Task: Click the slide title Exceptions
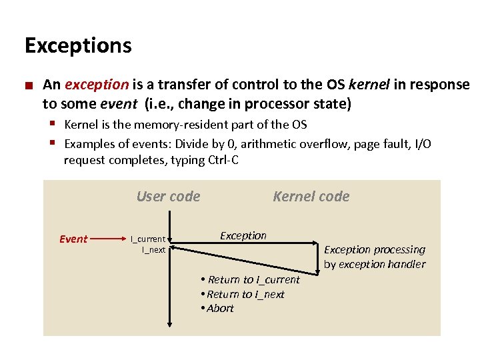coord(78,46)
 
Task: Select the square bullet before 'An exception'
coord(29,85)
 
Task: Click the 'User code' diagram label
coord(168,196)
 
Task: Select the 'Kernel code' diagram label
coord(311,196)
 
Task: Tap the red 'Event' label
coord(73,239)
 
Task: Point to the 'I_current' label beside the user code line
coord(148,239)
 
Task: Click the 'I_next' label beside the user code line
coord(153,249)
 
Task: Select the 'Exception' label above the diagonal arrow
coord(243,235)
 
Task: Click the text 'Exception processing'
coord(374,250)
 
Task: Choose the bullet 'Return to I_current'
coord(253,280)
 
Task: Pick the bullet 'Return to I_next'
coord(245,294)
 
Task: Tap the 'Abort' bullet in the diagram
coord(219,308)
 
